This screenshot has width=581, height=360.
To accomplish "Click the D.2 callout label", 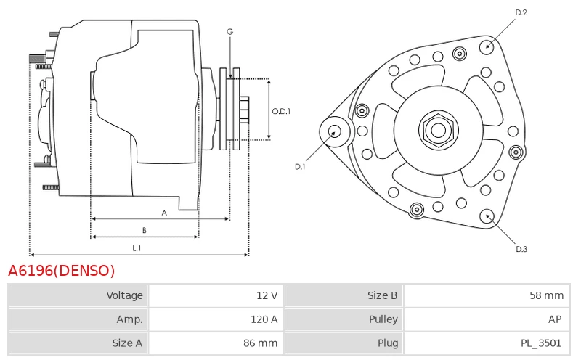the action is [x=521, y=12].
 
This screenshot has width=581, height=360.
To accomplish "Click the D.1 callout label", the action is [x=300, y=167].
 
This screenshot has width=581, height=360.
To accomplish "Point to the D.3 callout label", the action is [x=521, y=249].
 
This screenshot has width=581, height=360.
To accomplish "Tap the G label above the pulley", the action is [x=229, y=32].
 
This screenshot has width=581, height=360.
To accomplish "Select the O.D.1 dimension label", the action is [x=281, y=111].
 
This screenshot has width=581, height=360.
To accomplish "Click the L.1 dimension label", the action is [x=137, y=248].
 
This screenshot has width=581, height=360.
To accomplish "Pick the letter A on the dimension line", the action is [x=164, y=213].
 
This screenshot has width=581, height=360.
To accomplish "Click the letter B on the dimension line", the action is [x=145, y=230].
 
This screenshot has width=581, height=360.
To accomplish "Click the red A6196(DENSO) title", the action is [x=62, y=271].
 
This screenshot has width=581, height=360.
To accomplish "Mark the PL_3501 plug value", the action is [x=541, y=343].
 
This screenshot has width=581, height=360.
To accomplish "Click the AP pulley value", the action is [x=555, y=319].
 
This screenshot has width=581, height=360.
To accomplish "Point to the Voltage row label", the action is [x=124, y=295].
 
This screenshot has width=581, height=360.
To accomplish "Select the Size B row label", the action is [x=382, y=295].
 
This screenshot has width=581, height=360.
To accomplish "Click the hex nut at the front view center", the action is [x=439, y=130].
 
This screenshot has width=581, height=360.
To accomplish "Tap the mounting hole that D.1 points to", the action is [x=335, y=132].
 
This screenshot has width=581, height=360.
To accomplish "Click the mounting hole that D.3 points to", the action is [x=487, y=217].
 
